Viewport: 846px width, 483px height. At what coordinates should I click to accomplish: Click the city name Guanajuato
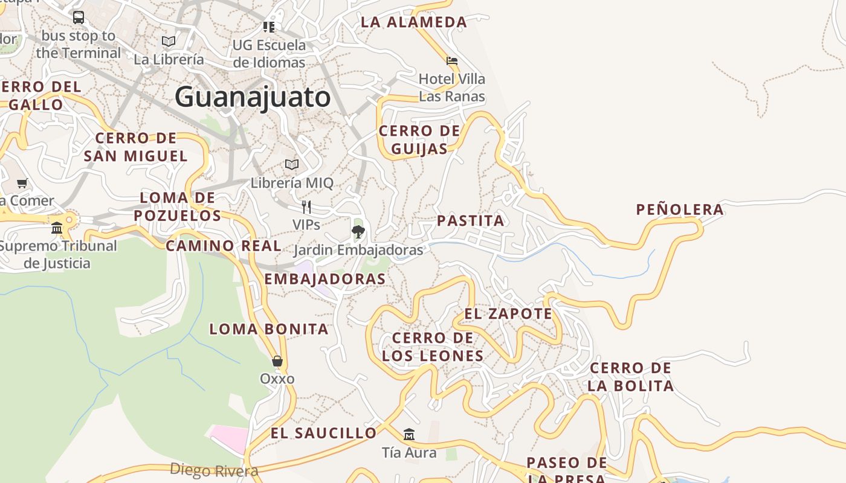pyautogui.click(x=253, y=97)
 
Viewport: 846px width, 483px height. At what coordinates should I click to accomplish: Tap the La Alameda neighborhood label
pyautogui.click(x=414, y=22)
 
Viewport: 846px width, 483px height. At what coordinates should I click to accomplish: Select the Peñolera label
pyautogui.click(x=680, y=210)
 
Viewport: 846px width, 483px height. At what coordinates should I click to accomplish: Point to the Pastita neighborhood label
pyautogui.click(x=471, y=220)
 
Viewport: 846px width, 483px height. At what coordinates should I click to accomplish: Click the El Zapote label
pyautogui.click(x=508, y=314)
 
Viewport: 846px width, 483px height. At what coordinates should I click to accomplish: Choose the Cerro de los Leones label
pyautogui.click(x=433, y=347)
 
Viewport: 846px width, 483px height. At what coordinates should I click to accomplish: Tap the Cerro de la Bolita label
pyautogui.click(x=630, y=377)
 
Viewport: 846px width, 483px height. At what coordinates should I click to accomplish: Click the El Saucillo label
pyautogui.click(x=323, y=433)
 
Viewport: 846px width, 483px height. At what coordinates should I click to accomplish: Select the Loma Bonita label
pyautogui.click(x=269, y=329)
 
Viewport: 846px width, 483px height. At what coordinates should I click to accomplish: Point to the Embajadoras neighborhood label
pyautogui.click(x=325, y=279)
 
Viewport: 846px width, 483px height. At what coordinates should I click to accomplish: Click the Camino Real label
pyautogui.click(x=224, y=246)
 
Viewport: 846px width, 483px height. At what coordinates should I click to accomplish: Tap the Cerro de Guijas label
pyautogui.click(x=419, y=139)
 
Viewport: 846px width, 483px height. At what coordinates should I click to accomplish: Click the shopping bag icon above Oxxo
pyautogui.click(x=277, y=361)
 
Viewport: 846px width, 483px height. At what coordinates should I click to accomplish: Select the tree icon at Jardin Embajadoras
pyautogui.click(x=358, y=231)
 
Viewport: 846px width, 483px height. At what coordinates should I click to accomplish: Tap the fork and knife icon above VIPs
pyautogui.click(x=306, y=207)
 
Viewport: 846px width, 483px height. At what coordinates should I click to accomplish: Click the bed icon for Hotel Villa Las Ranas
pyautogui.click(x=452, y=61)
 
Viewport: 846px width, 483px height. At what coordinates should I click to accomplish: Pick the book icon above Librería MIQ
pyautogui.click(x=292, y=164)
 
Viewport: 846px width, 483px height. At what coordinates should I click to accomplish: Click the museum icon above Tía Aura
pyautogui.click(x=409, y=434)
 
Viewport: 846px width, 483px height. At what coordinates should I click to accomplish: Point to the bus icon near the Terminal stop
pyautogui.click(x=79, y=18)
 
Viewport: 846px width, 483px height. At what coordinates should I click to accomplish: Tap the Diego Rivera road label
pyautogui.click(x=214, y=470)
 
